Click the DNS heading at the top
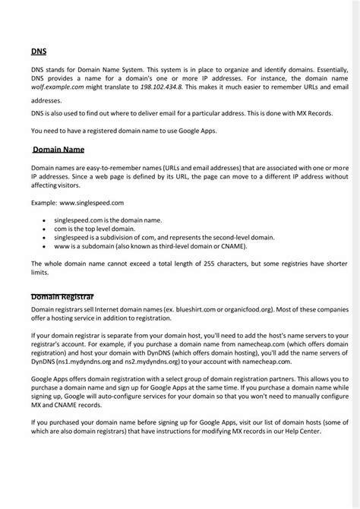click(38, 52)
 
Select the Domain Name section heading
click(58, 149)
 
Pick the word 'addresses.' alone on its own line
click(46, 100)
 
